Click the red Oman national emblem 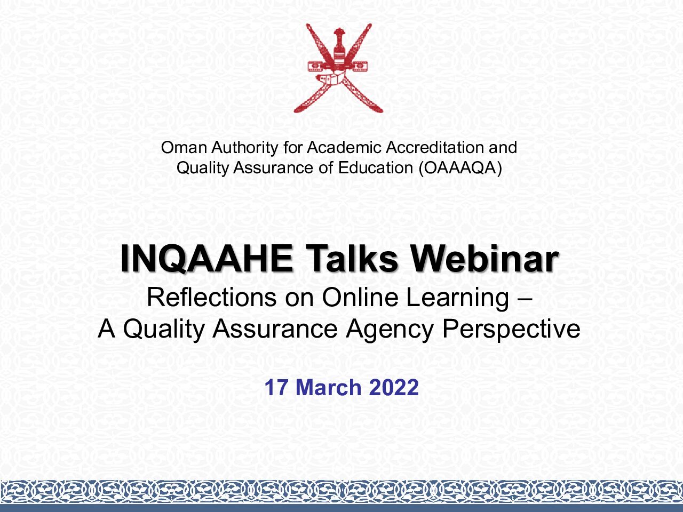coord(338,68)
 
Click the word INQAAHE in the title coord(207,259)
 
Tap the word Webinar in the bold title coord(485,259)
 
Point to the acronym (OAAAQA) coord(460,168)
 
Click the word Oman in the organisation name coord(184,147)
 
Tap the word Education coord(376,168)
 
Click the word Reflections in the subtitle coord(212,297)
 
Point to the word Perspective coord(511,330)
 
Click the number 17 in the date coord(275,388)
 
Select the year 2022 coord(394,388)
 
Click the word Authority coord(244,148)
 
